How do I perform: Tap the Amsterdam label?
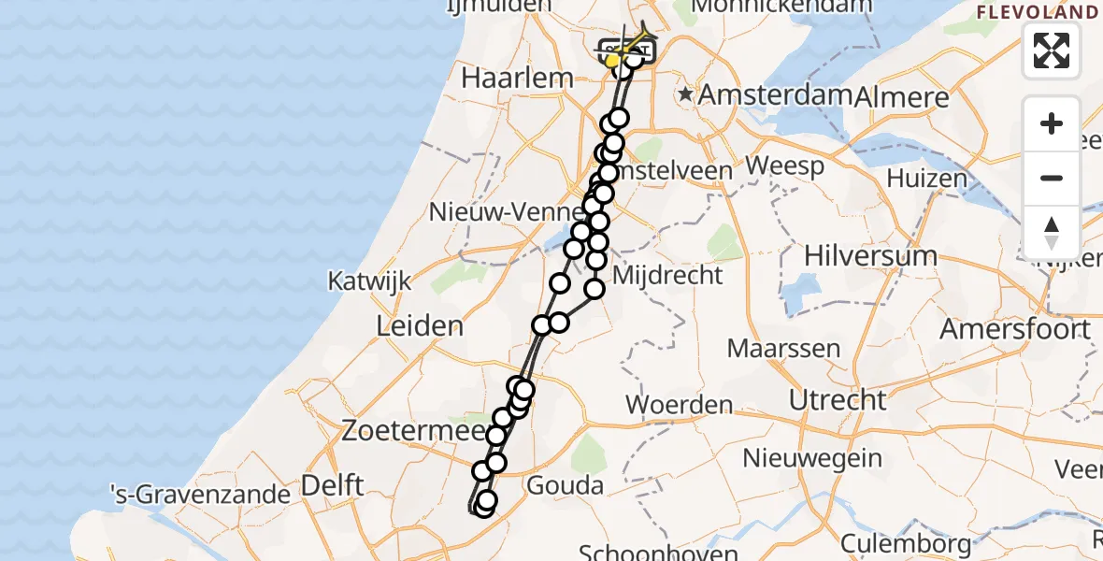click(x=775, y=94)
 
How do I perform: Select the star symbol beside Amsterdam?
click(x=687, y=93)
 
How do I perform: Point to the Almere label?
click(x=901, y=96)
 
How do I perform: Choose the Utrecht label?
click(x=838, y=400)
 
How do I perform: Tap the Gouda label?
click(x=565, y=485)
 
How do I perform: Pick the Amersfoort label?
click(x=1015, y=329)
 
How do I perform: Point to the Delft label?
click(x=332, y=486)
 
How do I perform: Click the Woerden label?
click(x=680, y=405)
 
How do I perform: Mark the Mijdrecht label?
click(x=666, y=275)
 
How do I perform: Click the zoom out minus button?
click(x=1052, y=178)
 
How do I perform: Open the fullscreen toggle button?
click(x=1052, y=50)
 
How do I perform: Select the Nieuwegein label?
click(x=812, y=458)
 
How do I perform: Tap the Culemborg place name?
click(x=906, y=543)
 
